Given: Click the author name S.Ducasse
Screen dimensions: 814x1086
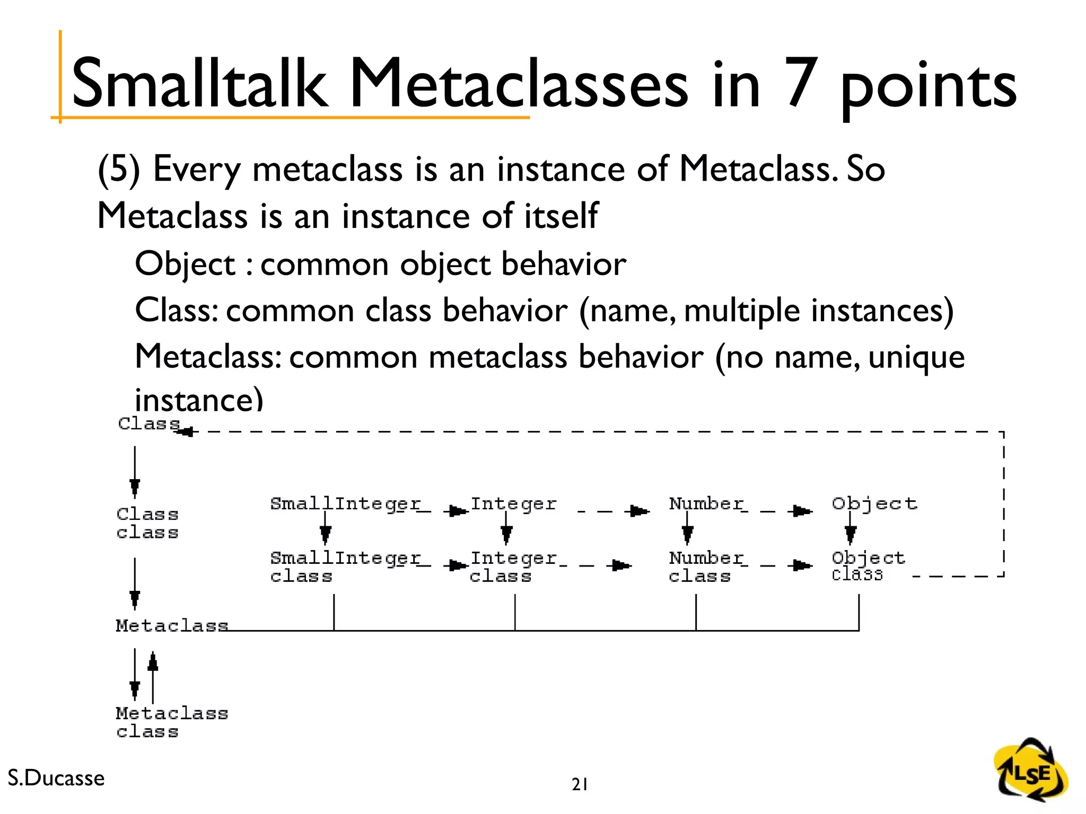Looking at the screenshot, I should click(56, 778).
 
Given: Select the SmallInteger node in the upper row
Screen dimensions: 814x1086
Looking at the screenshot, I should click(345, 504).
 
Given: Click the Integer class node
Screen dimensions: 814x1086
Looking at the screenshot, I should click(513, 567).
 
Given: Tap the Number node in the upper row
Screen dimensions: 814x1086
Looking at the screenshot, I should click(706, 503).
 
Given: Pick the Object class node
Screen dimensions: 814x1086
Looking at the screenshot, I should click(868, 566).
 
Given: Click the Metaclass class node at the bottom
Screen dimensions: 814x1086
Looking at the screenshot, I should click(171, 722).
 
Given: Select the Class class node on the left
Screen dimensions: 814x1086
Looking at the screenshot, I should click(147, 523).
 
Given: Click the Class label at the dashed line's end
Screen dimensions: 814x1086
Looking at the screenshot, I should click(149, 424).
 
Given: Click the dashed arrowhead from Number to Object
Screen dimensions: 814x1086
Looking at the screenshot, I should click(801, 511).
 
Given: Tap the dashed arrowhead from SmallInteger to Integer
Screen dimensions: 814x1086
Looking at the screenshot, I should click(457, 511).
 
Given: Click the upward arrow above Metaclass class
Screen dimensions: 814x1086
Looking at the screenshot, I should click(153, 662).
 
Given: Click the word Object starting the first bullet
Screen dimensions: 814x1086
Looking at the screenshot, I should click(185, 264).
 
